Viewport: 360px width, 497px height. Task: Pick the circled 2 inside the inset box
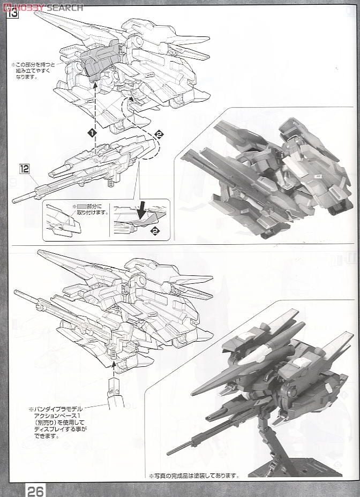coord(155,231)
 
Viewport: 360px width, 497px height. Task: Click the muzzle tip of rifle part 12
coord(14,201)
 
